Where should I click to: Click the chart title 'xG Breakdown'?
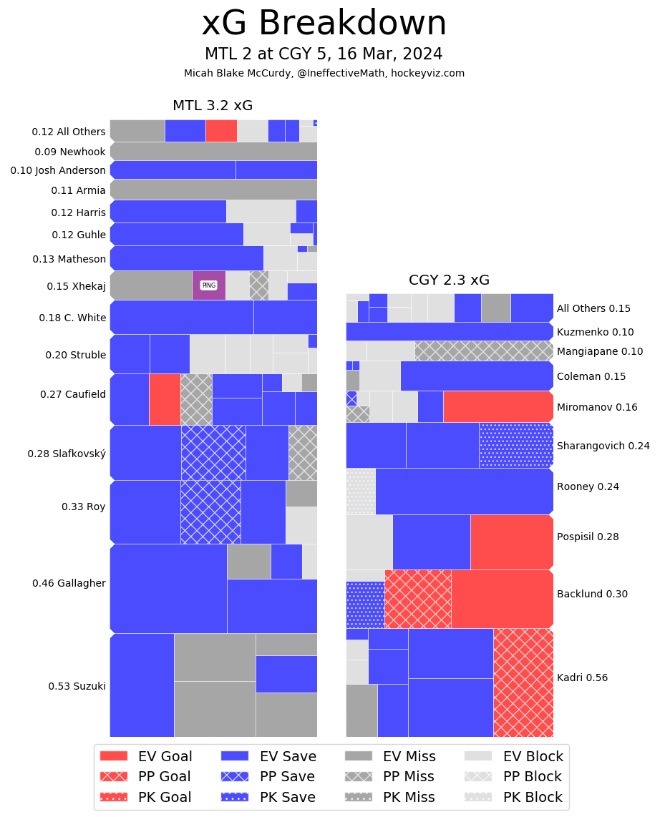pyautogui.click(x=324, y=24)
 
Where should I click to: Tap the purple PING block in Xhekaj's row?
pyautogui.click(x=208, y=285)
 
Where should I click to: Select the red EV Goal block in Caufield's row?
pyautogui.click(x=165, y=399)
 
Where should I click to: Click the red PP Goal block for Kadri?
pyautogui.click(x=523, y=683)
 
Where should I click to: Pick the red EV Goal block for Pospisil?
pyautogui.click(x=511, y=542)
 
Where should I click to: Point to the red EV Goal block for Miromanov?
pyautogui.click(x=498, y=406)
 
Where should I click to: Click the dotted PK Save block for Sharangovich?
pyautogui.click(x=515, y=445)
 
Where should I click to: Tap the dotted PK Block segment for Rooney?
pyautogui.click(x=360, y=491)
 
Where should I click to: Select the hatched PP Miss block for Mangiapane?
pyautogui.click(x=483, y=351)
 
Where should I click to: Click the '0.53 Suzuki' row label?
pyautogui.click(x=77, y=686)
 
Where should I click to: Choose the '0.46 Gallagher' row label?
pyautogui.click(x=69, y=583)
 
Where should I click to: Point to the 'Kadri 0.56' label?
pyautogui.click(x=582, y=677)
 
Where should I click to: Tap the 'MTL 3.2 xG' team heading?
pyautogui.click(x=213, y=106)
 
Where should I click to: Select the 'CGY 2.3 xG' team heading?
pyautogui.click(x=449, y=280)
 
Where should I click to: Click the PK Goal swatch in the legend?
pyautogui.click(x=113, y=797)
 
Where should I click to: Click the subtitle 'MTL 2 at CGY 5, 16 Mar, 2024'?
pyautogui.click(x=324, y=54)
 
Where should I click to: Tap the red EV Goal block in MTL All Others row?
pyautogui.click(x=221, y=131)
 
